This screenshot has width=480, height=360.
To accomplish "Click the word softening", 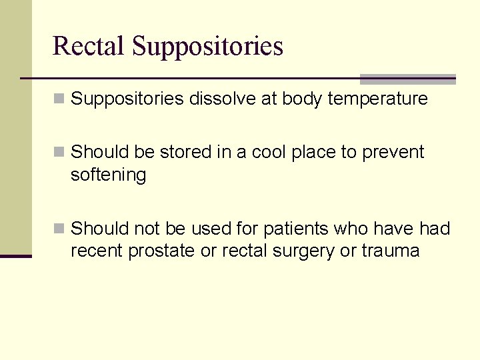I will pos(108,175).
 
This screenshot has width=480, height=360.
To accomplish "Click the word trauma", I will pos(390,251).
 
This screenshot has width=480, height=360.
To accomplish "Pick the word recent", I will pos(97,251).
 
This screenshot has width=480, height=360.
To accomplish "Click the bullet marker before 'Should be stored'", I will pos(59,153).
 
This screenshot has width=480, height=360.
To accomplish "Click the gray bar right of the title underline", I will pos(407,79).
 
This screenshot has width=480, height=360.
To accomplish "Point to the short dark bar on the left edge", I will pos(16,256).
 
